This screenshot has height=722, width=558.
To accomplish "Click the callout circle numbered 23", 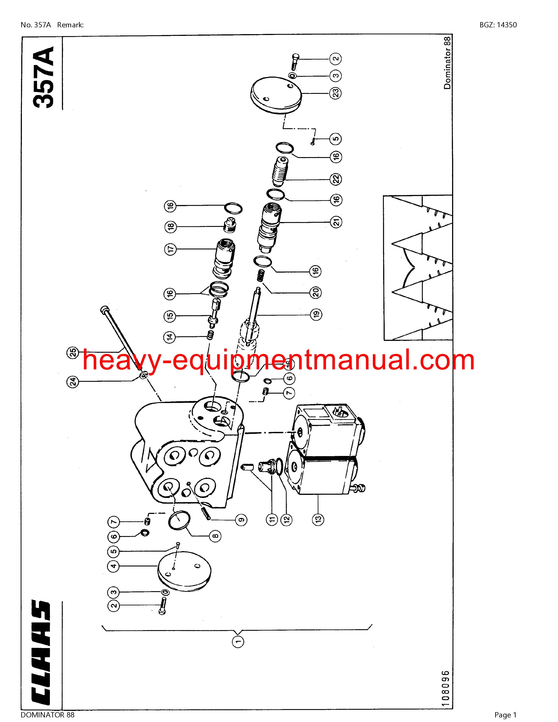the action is tap(336, 93).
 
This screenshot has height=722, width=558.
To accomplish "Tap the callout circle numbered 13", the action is tap(318, 519).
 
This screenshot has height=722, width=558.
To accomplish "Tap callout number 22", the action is tap(336, 179).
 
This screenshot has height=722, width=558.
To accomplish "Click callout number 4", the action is tap(113, 566).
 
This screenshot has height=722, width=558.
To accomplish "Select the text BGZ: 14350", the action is tap(498, 25).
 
